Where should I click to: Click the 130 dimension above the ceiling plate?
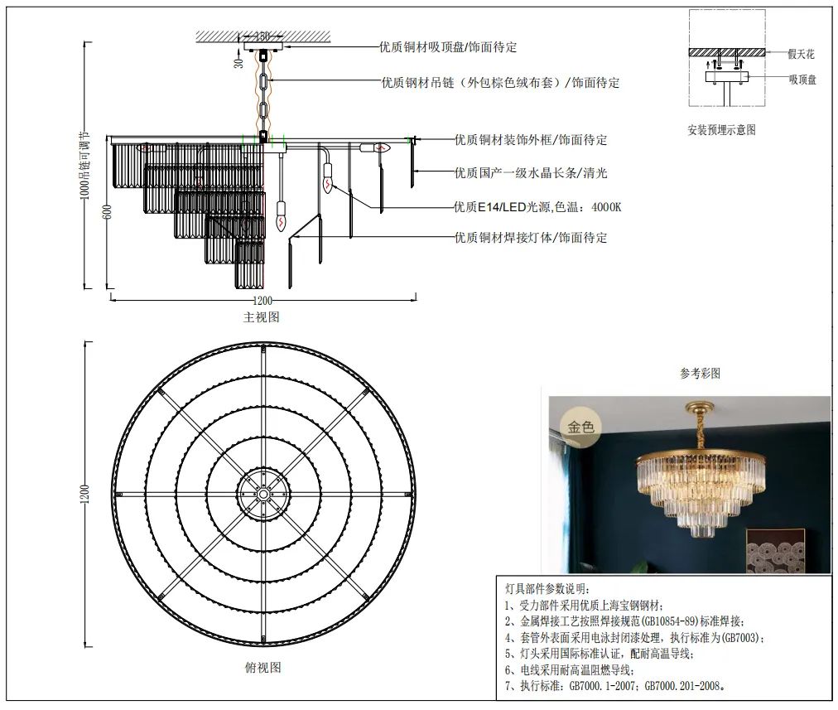pyautogui.click(x=262, y=36)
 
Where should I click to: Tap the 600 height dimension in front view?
pyautogui.click(x=107, y=213)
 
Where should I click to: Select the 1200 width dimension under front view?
pyautogui.click(x=262, y=301)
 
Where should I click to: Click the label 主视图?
pyautogui.click(x=261, y=317)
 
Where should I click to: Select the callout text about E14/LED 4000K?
pyautogui.click(x=536, y=207)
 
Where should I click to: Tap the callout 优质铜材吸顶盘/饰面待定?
pyautogui.click(x=448, y=47)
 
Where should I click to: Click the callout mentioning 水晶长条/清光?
pyautogui.click(x=530, y=173)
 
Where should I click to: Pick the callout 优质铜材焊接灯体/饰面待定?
pyautogui.click(x=530, y=238)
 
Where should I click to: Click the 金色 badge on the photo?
pyautogui.click(x=581, y=427)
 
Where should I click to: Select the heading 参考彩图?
pyautogui.click(x=700, y=374)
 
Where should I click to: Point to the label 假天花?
pyautogui.click(x=801, y=54)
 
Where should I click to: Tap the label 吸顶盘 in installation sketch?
pyautogui.click(x=802, y=80)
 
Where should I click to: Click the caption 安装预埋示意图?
pyautogui.click(x=721, y=130)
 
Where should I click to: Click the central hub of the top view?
pyautogui.click(x=262, y=494)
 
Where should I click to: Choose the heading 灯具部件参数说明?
pyautogui.click(x=547, y=588)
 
